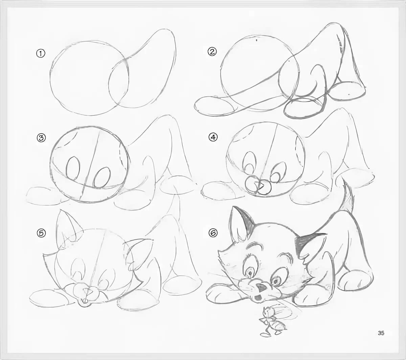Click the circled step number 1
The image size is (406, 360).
pos(41,53)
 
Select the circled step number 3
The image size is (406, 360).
pos(41,138)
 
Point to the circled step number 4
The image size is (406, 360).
pos(213,137)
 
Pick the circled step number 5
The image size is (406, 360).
pos(41,233)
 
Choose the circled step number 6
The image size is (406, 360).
pos(213,233)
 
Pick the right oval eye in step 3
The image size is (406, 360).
pos(102,178)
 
